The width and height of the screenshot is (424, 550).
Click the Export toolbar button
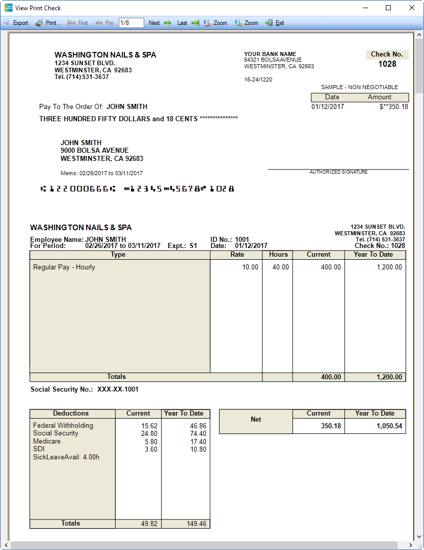tap(16, 23)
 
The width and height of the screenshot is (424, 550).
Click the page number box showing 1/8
tap(131, 23)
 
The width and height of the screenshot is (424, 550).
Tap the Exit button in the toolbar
tap(275, 23)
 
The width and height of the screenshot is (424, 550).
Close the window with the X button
tap(412, 8)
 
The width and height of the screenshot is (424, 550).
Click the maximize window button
tap(388, 8)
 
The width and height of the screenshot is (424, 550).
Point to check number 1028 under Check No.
tap(387, 64)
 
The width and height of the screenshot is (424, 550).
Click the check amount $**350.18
tap(393, 107)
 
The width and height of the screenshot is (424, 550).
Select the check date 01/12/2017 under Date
tap(328, 107)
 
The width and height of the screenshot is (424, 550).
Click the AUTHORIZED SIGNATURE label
tap(338, 172)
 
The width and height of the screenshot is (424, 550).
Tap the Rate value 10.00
tap(250, 267)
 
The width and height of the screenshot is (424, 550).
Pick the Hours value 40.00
tap(280, 267)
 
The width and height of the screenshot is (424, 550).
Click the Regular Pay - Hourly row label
tap(64, 267)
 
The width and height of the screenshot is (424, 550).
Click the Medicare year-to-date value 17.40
tap(198, 442)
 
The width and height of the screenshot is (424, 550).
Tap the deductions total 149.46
tap(197, 524)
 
